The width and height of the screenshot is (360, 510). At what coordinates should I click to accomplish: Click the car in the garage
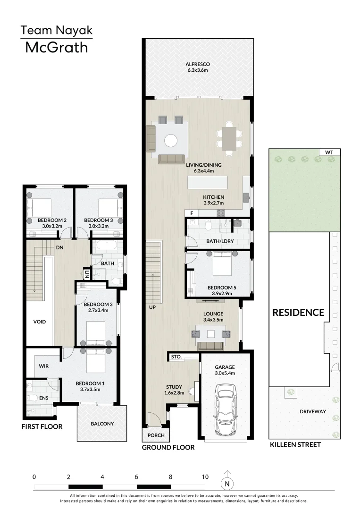tap(225, 409)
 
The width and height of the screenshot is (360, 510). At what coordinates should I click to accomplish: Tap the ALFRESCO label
tap(198, 64)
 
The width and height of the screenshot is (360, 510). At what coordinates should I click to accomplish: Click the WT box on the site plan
tap(329, 152)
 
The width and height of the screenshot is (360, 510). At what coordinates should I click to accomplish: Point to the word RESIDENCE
tap(298, 313)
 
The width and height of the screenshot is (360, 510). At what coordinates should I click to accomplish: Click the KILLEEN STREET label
tap(295, 445)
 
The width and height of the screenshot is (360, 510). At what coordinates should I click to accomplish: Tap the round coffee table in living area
tap(171, 141)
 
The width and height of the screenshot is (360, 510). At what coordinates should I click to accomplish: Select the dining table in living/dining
tap(229, 139)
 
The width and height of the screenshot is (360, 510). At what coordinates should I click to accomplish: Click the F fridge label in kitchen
tap(192, 213)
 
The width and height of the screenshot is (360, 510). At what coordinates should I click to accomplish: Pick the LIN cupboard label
tap(87, 274)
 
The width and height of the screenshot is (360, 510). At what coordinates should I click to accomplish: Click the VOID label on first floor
tap(40, 322)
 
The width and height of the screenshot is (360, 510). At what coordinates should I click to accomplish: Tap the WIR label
tap(44, 366)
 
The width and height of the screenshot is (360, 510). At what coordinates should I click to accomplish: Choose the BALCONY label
tap(102, 424)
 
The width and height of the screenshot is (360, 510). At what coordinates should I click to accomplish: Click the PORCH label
tap(156, 435)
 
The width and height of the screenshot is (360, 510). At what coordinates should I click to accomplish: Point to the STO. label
tap(176, 357)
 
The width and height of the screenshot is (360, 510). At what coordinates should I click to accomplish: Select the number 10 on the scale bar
tap(205, 477)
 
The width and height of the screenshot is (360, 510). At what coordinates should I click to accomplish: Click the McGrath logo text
tap(57, 48)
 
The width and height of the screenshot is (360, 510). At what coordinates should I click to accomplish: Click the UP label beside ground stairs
tap(152, 307)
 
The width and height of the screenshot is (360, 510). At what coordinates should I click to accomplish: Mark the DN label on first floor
tap(59, 247)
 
